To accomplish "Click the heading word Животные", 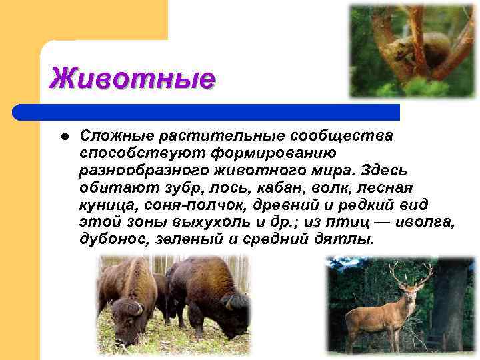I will coord(132,79).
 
